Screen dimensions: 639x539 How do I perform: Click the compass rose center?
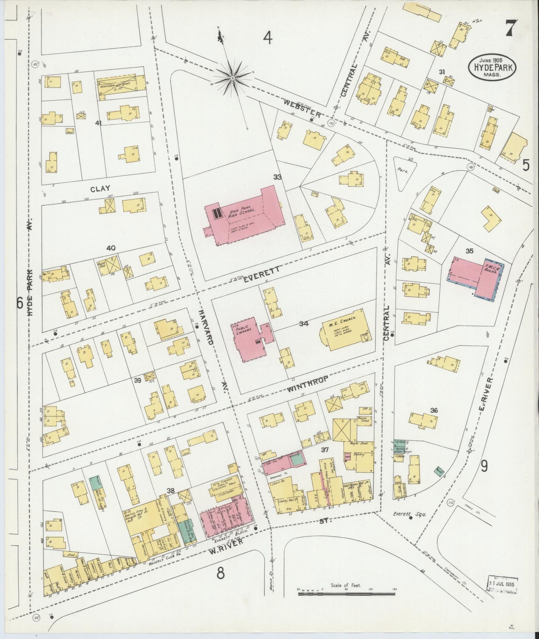(x=232, y=78)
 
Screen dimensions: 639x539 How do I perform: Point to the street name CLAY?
(x=100, y=189)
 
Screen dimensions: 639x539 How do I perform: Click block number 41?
(x=98, y=123)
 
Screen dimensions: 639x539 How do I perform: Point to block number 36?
(x=433, y=410)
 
